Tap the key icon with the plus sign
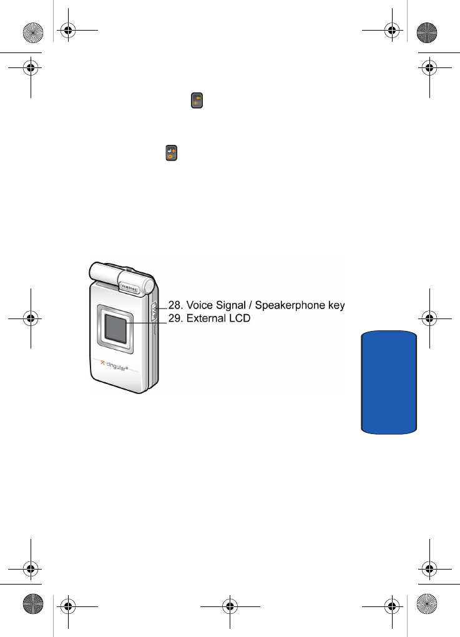click(171, 153)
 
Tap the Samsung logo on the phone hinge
click(130, 287)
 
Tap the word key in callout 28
click(336, 305)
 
